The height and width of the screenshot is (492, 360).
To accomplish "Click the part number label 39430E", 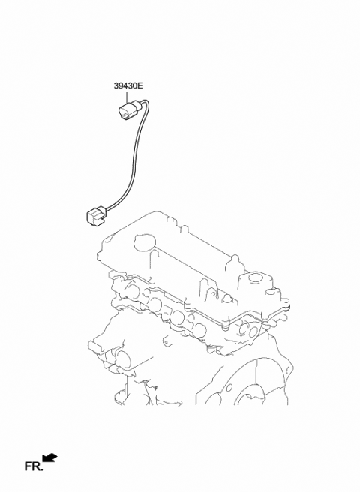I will click(129, 88).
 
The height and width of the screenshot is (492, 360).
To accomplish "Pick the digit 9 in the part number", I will click(121, 88).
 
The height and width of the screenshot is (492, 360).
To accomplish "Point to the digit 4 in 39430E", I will click(125, 88).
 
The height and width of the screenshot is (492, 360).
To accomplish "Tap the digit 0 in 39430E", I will click(136, 88).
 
